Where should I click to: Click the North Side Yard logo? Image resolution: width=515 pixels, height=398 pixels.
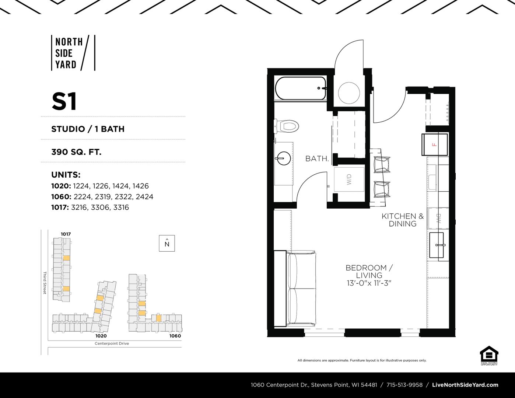(73, 53)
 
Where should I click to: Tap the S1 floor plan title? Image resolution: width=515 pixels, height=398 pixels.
(64, 102)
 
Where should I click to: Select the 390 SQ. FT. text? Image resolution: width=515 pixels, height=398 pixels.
(76, 152)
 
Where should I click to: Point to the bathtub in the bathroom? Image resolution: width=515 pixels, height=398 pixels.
(301, 88)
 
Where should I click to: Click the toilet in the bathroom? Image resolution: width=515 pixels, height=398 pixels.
(286, 126)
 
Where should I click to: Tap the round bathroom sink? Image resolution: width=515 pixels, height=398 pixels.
(283, 158)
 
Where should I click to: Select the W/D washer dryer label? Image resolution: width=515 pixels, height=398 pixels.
(349, 179)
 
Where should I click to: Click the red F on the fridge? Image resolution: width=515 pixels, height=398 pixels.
(434, 144)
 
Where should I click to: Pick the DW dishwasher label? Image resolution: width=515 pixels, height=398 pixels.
(438, 218)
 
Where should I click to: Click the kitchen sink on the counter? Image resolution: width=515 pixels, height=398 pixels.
(437, 245)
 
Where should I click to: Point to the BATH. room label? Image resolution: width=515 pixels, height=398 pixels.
(317, 158)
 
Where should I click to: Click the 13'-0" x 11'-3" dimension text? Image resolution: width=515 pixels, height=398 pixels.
(369, 283)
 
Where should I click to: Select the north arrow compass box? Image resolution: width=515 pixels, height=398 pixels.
(167, 243)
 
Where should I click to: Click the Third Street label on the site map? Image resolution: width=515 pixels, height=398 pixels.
(45, 283)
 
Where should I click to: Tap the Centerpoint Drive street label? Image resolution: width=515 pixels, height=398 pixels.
(112, 343)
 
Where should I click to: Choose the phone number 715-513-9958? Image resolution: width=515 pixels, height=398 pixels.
(404, 385)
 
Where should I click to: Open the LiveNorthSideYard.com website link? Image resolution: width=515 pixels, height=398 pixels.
(465, 385)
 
